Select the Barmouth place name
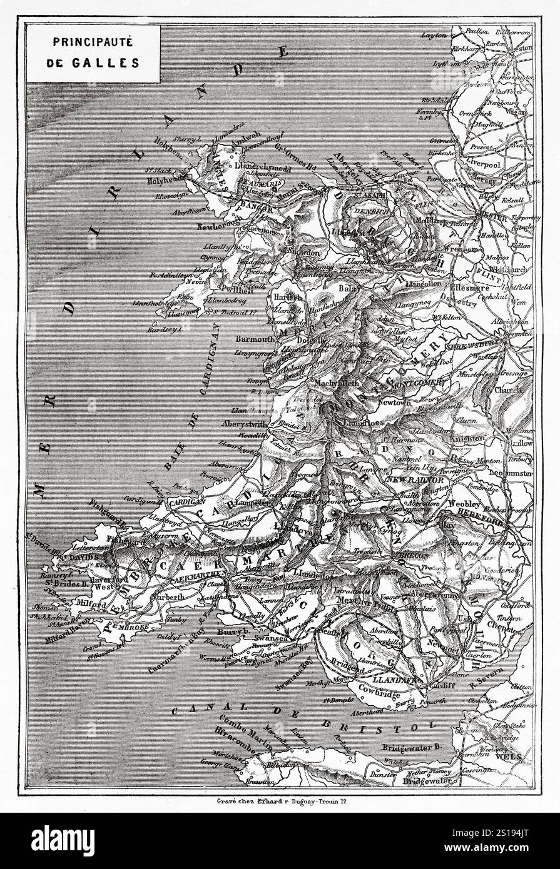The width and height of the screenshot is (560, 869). (x=255, y=339)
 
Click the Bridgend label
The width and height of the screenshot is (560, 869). (x=349, y=669)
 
